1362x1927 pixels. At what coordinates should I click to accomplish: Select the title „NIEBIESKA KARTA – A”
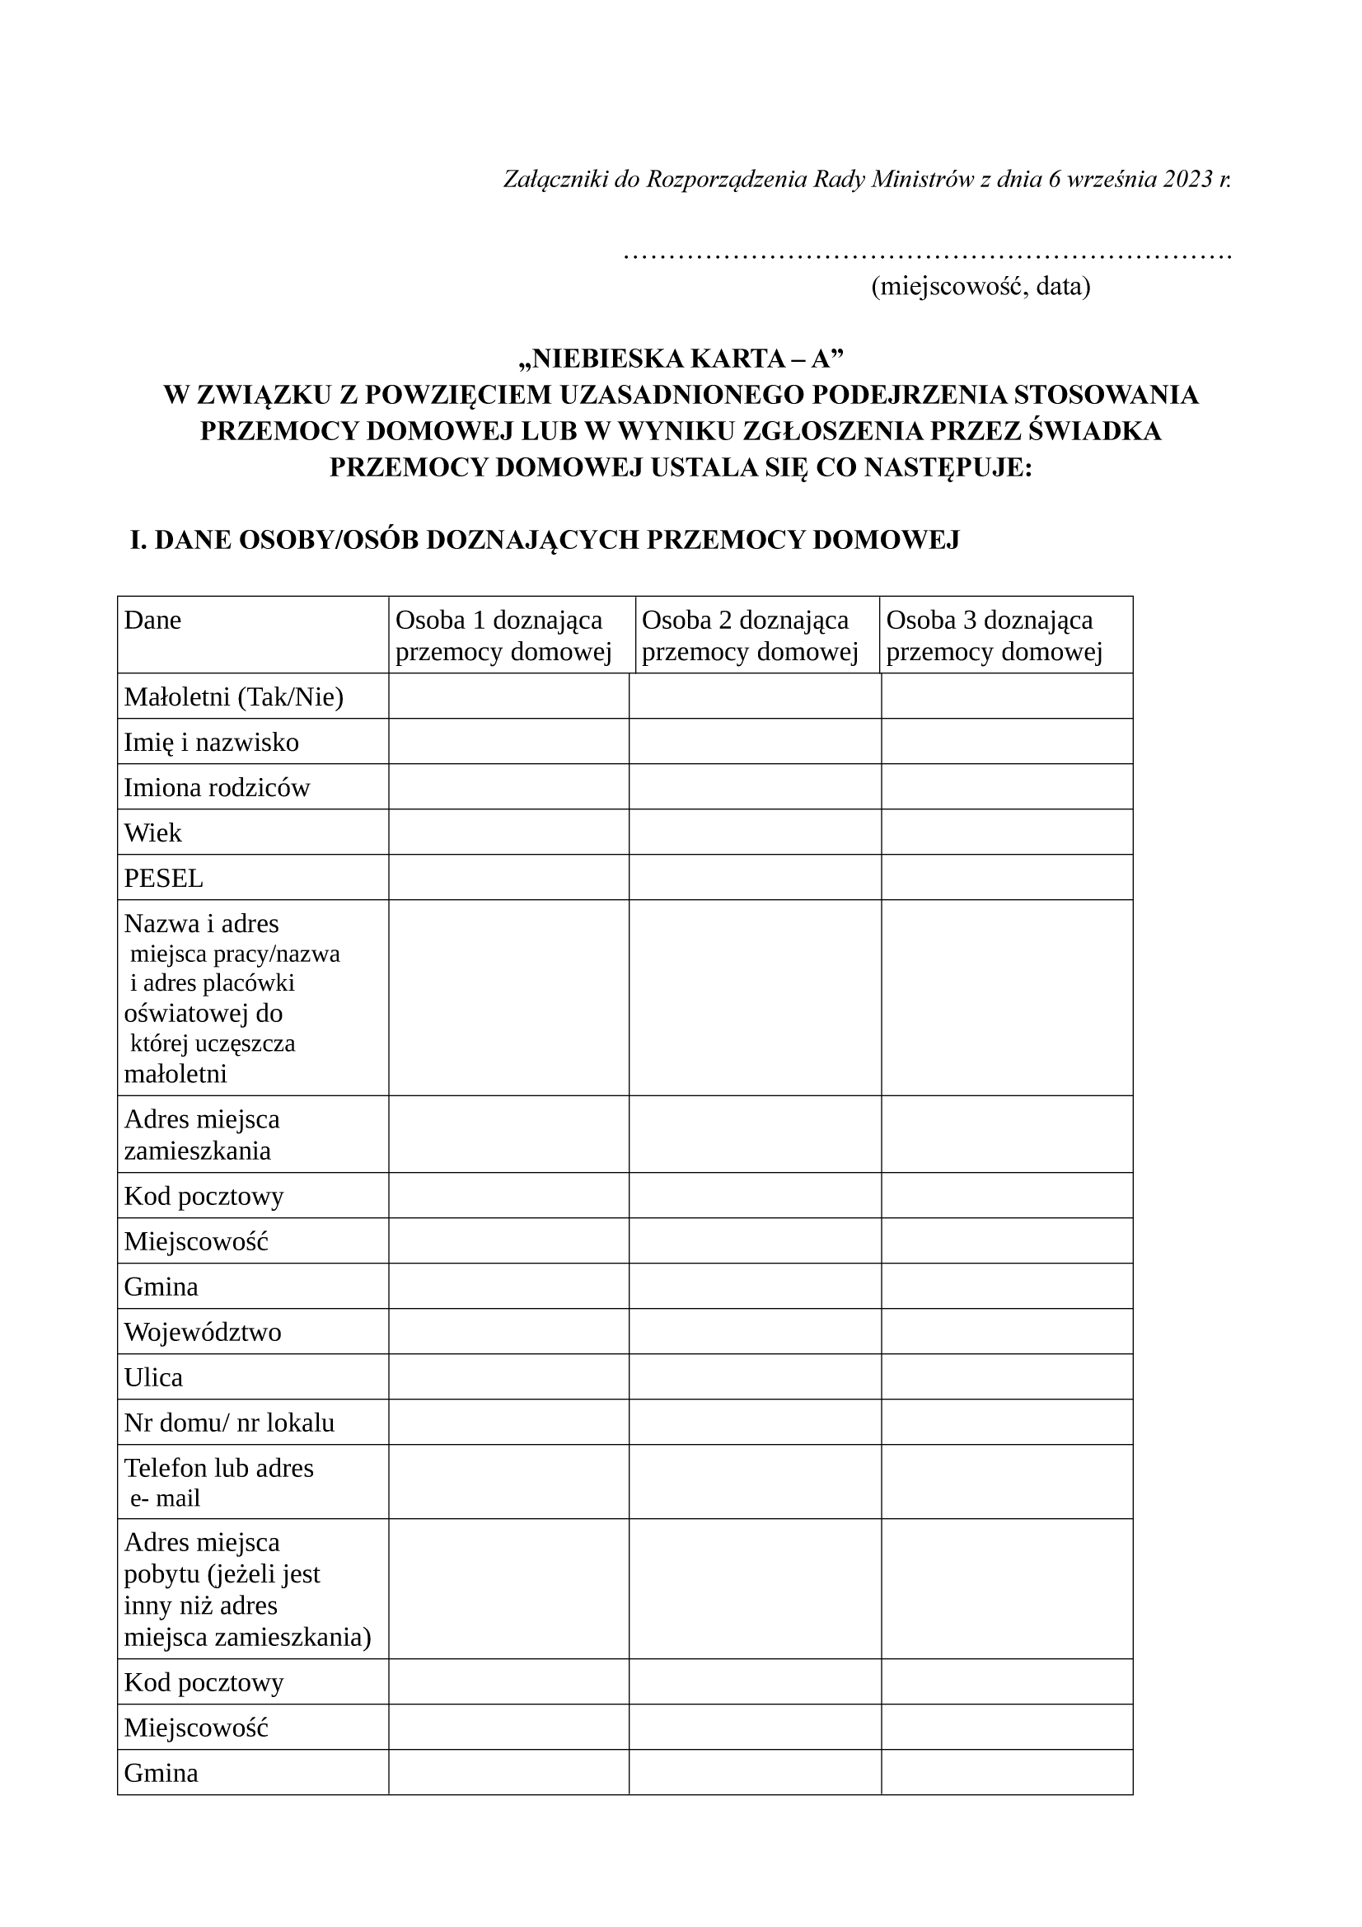[681, 359]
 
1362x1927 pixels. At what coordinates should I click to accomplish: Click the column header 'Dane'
[152, 621]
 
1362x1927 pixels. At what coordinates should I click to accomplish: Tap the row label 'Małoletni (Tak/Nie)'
[233, 696]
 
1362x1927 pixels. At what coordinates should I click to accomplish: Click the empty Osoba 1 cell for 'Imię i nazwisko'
[508, 741]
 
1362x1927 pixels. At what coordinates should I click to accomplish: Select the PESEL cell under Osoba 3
[1006, 877]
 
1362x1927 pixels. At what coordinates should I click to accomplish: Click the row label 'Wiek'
[152, 832]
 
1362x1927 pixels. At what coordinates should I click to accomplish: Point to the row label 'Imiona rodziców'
[217, 787]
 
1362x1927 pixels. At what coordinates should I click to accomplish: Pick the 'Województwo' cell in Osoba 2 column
[755, 1332]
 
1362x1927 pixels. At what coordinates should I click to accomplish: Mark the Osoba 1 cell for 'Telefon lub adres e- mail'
[508, 1482]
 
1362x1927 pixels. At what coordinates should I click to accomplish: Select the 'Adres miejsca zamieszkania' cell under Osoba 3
[1006, 1134]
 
